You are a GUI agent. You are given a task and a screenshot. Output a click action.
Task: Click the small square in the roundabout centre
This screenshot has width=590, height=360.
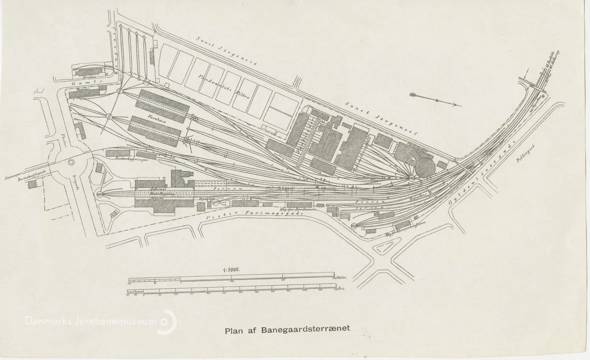(x=71, y=162)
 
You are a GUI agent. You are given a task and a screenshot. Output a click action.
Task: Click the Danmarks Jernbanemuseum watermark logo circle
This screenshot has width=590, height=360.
(x=168, y=321)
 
